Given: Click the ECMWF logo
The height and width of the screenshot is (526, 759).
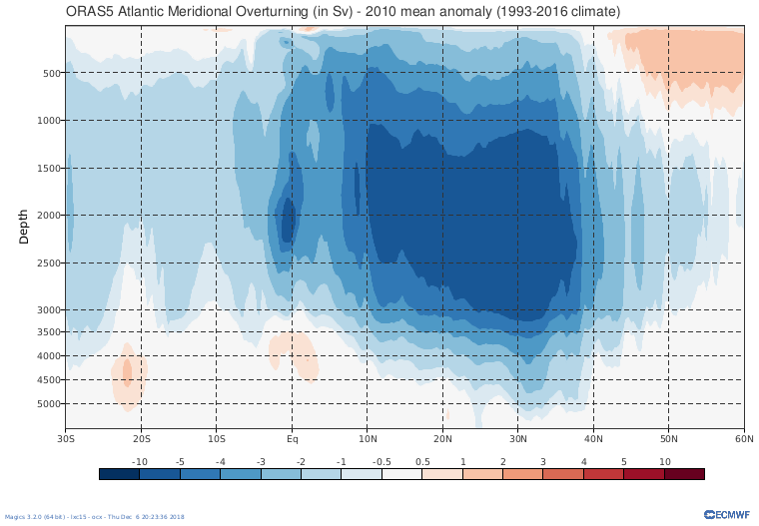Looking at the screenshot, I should click(724, 514).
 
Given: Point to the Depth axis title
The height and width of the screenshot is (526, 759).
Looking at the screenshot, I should click(25, 226).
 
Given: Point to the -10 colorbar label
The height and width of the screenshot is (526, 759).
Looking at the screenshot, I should click(140, 461).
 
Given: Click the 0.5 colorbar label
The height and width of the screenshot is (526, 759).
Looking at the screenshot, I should click(421, 461).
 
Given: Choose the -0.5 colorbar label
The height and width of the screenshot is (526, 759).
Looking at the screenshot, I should click(381, 461).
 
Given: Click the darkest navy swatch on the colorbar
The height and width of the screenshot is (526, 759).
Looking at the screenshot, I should click(119, 474).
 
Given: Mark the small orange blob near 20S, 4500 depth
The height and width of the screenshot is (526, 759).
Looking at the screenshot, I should click(128, 375).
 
